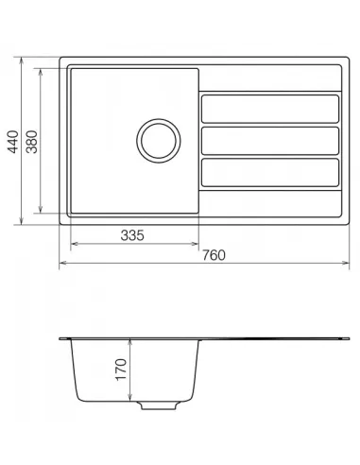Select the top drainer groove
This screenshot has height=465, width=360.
[270, 109]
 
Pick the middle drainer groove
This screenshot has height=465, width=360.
[270, 142]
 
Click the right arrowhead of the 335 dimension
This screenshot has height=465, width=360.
[197, 244]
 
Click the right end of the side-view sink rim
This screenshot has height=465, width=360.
[347, 338]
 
